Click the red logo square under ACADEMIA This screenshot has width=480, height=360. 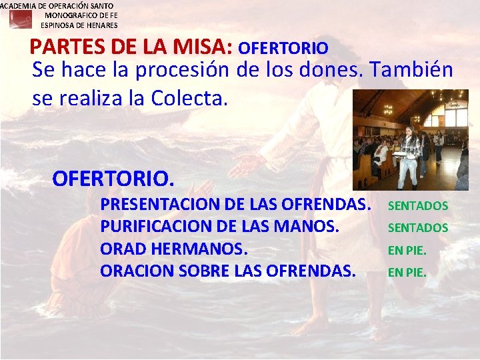20,19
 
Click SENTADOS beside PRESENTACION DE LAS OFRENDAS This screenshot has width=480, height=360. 418,206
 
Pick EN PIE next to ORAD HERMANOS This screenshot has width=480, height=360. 407,251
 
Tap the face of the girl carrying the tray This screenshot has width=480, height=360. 409,131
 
